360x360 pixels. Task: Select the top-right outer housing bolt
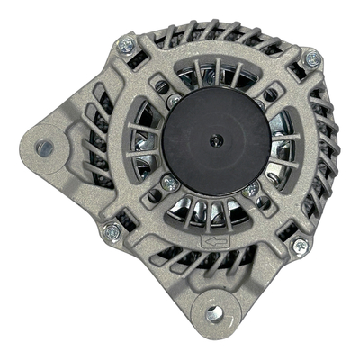[312, 59]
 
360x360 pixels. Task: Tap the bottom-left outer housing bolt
[112, 232]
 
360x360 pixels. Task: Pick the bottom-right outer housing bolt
[300, 246]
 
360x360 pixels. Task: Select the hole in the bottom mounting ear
[214, 313]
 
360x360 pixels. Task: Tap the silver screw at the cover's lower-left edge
[167, 184]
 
